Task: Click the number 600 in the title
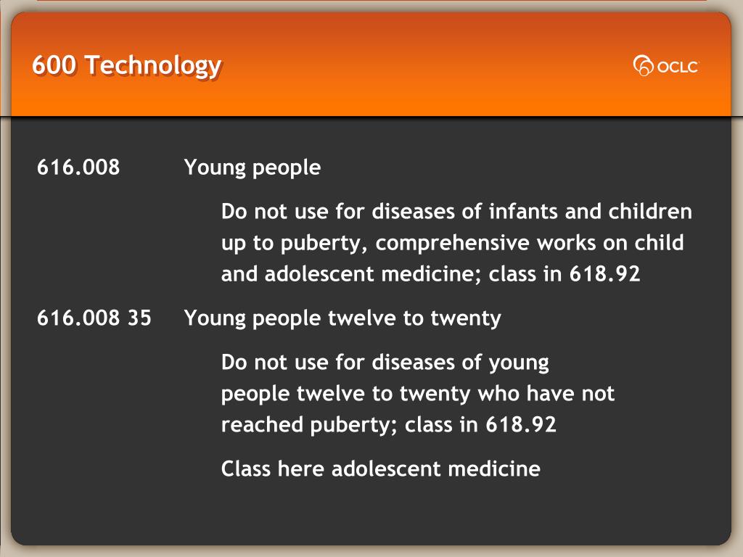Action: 54,65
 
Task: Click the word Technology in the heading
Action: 153,66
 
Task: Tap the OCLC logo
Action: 666,66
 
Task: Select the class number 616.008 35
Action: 94,318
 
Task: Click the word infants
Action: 523,211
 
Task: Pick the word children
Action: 650,211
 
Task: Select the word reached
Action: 262,424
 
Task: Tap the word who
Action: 498,394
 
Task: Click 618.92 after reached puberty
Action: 521,424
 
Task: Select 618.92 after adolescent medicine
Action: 604,273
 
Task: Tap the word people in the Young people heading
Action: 287,168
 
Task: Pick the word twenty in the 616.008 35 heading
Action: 466,318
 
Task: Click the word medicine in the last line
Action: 494,469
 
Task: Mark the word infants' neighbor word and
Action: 583,211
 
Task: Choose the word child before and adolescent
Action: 659,242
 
